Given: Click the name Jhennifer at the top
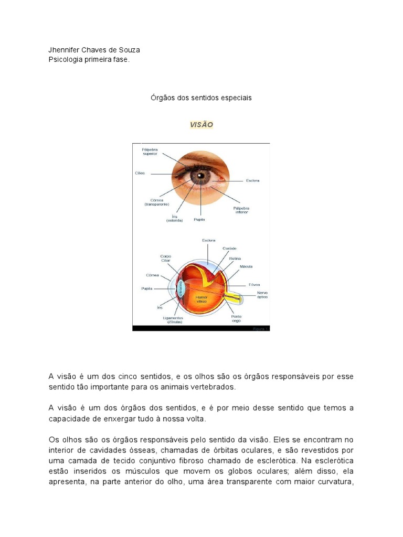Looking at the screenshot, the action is [x=66, y=50].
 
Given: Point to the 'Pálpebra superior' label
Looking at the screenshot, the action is [x=150, y=152].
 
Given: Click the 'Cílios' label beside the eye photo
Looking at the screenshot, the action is [x=140, y=173].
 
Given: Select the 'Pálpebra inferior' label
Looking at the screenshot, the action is [x=241, y=210].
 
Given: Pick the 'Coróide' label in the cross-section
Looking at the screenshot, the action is [x=229, y=249].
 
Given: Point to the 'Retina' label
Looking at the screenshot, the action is [x=235, y=258].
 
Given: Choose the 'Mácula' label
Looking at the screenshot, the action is [x=246, y=266].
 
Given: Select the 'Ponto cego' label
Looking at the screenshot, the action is [x=237, y=318].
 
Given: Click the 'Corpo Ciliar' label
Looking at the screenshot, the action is [x=166, y=259].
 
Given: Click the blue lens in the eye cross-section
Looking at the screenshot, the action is [x=182, y=289].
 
